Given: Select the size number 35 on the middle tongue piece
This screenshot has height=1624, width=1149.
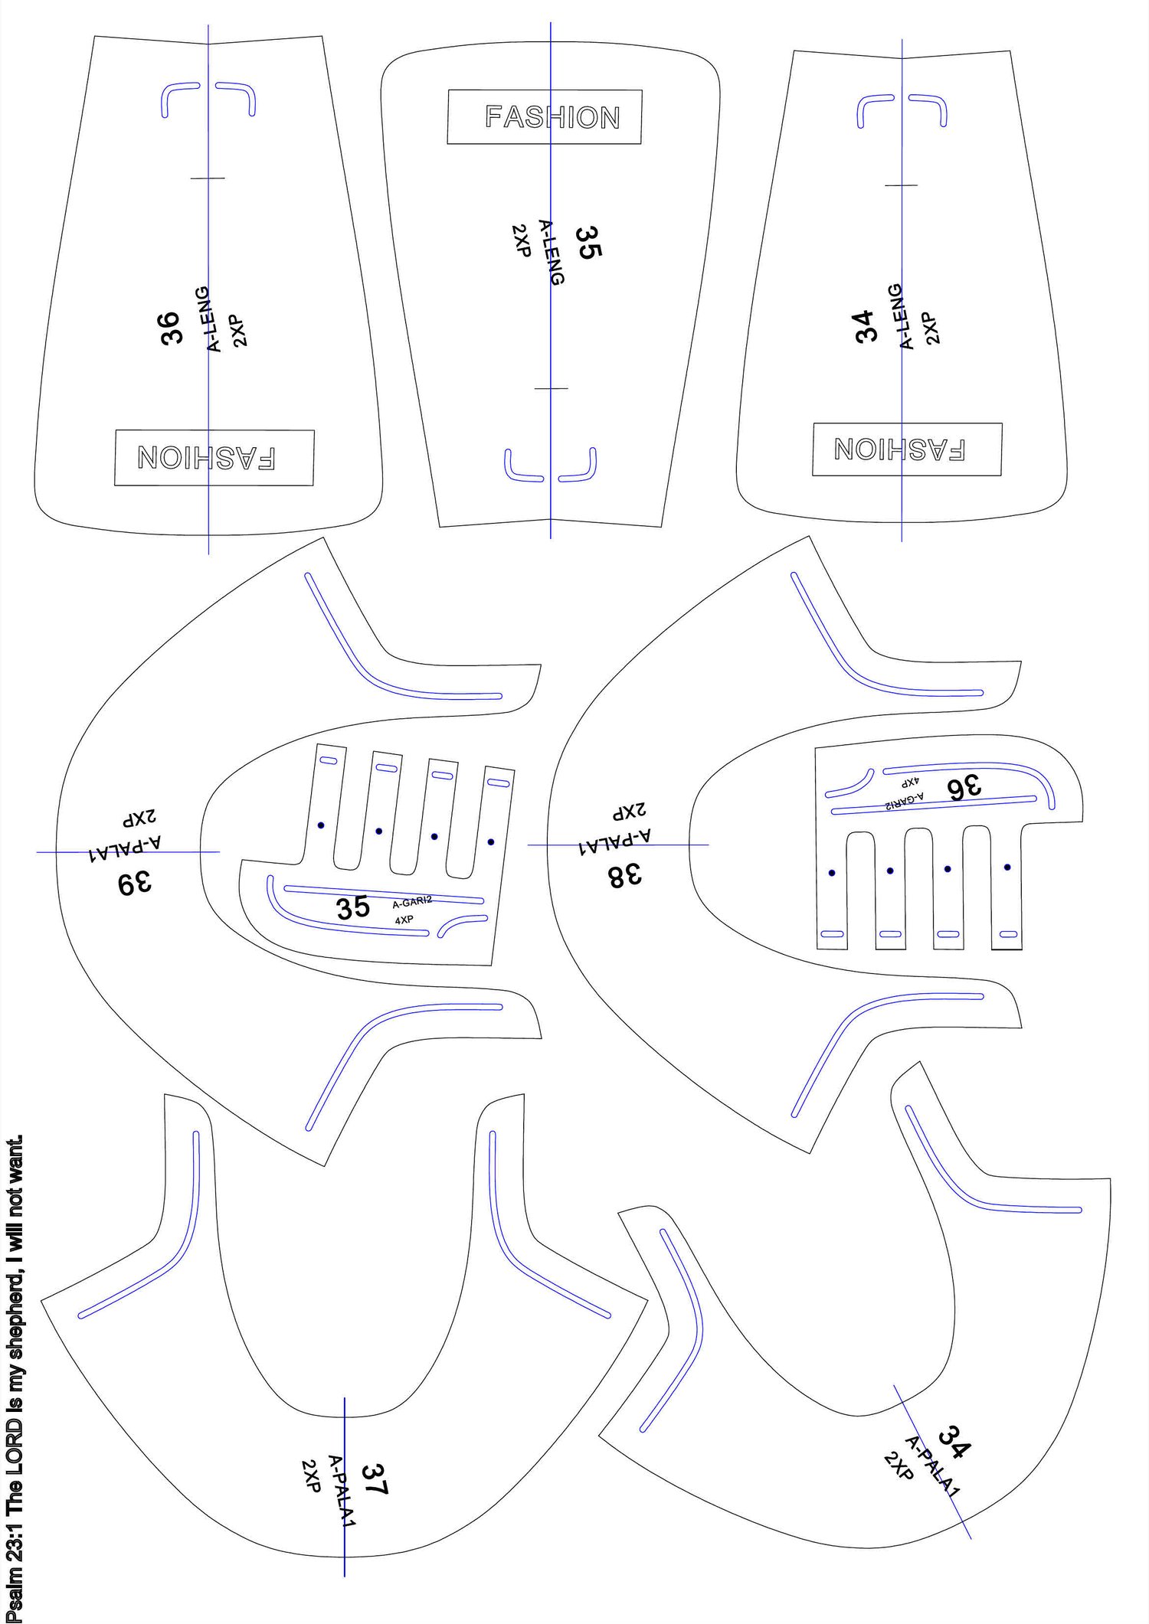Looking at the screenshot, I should pos(588,242).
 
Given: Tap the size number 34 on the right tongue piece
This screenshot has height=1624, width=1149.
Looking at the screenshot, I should pos(866,326).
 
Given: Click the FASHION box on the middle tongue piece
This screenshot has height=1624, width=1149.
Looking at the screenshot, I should pos(545,117).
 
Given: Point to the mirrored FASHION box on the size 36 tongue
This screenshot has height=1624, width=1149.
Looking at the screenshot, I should pos(214,457).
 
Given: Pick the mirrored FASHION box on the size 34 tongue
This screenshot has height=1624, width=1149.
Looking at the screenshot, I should pos(907,449).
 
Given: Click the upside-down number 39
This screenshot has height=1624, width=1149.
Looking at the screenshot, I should pos(135,883).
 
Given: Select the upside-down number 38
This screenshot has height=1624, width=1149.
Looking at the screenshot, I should pos(625,875).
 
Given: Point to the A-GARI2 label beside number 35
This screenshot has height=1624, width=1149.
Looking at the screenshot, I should pos(412,903).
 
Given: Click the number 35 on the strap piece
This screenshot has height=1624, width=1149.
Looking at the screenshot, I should pos(353,908).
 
